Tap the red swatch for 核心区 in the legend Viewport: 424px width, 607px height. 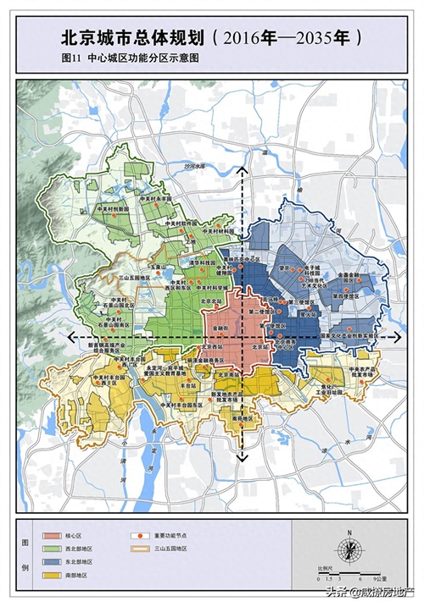50,537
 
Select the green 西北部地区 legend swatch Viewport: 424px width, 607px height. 50,549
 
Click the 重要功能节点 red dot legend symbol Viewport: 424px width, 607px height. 137,537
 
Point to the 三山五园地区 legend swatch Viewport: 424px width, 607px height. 137,549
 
